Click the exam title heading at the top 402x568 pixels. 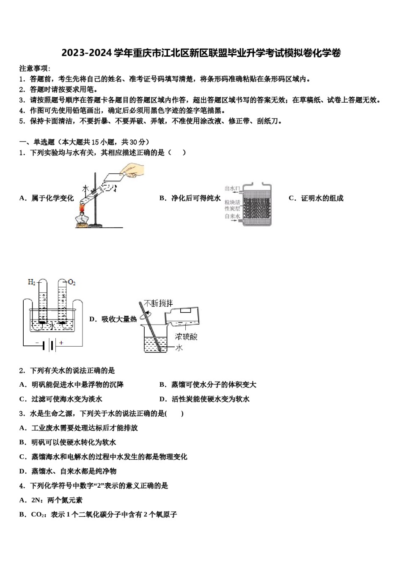[x=201, y=53]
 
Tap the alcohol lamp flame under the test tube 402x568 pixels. [x=82, y=208]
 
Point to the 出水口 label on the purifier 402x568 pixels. [x=232, y=188]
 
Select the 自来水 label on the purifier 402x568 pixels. [x=232, y=216]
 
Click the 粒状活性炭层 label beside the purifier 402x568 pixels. [x=232, y=205]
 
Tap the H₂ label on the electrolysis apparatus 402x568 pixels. [x=32, y=282]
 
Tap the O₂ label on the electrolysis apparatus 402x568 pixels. [x=72, y=282]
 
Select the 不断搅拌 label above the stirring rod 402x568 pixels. [x=159, y=303]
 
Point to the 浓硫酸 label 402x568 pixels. [x=186, y=337]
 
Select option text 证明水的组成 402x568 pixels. [x=322, y=198]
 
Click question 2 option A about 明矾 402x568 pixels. [x=77, y=385]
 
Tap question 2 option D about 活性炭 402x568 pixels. [x=210, y=399]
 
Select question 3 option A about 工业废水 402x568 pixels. [x=84, y=428]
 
